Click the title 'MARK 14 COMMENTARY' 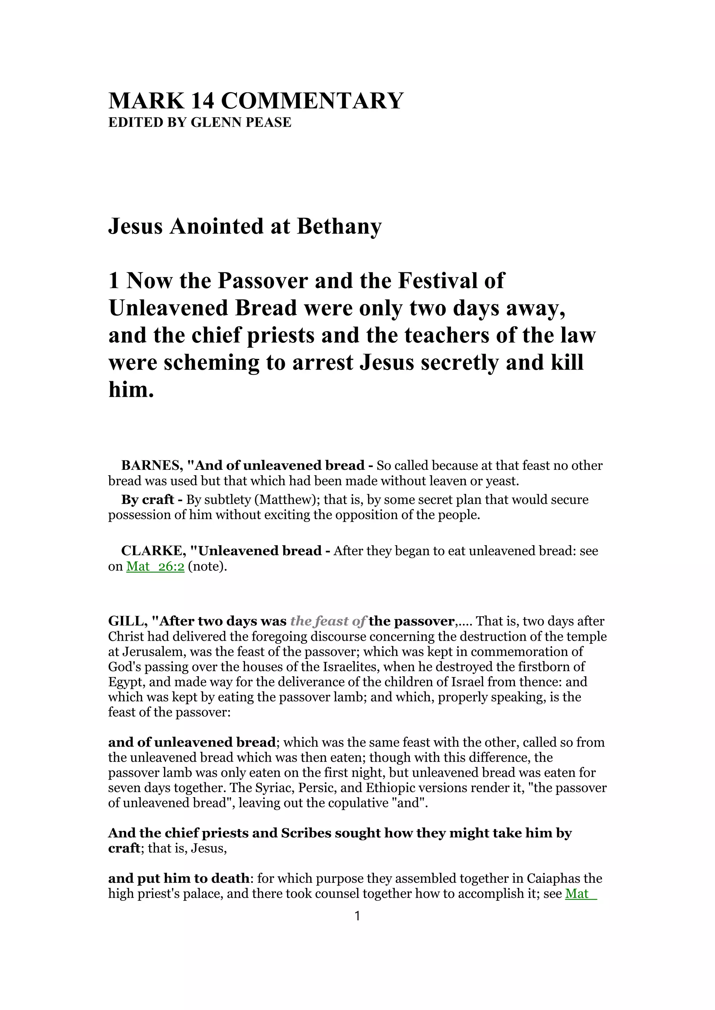pyautogui.click(x=255, y=101)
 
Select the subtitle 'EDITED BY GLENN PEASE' pyautogui.click(x=199, y=122)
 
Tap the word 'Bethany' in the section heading pyautogui.click(x=339, y=227)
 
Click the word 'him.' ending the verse pyautogui.click(x=131, y=390)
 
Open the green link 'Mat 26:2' pyautogui.click(x=155, y=567)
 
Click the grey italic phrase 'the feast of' pyautogui.click(x=327, y=621)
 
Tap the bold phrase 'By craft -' pyautogui.click(x=152, y=500)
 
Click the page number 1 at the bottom pyautogui.click(x=357, y=916)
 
